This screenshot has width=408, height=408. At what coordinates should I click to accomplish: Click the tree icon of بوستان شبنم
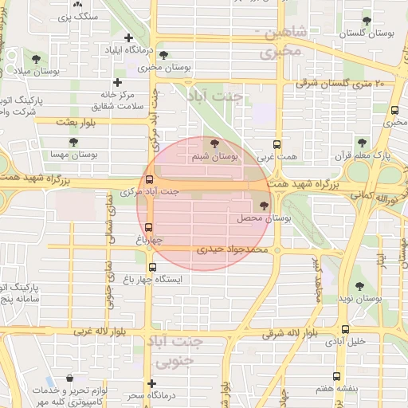[214, 143]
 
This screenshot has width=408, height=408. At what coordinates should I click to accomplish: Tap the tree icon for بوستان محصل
[265, 206]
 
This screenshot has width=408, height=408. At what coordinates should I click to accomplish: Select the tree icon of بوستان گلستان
[367, 21]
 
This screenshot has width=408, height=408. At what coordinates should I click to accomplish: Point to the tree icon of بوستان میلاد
[34, 57]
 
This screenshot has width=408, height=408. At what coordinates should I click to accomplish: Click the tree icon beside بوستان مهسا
[73, 142]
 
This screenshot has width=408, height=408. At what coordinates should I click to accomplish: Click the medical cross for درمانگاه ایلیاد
[129, 37]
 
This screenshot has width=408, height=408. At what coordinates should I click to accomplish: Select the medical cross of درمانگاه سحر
[151, 383]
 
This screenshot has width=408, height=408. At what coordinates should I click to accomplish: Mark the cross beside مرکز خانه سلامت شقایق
[118, 82]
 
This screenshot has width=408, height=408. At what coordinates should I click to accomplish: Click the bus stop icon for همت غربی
[277, 145]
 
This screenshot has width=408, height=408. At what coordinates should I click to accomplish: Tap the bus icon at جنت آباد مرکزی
[149, 180]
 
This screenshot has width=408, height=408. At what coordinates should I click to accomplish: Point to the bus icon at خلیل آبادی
[344, 328]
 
